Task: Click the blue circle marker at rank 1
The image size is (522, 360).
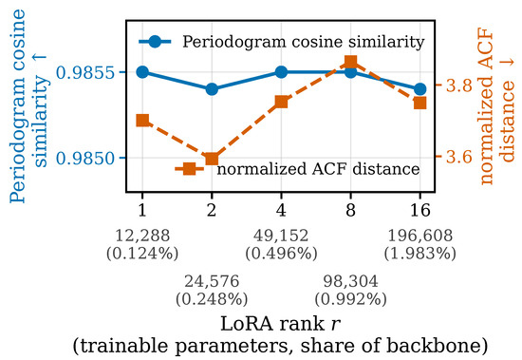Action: pyautogui.click(x=142, y=71)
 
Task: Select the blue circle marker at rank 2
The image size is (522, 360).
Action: pyautogui.click(x=212, y=89)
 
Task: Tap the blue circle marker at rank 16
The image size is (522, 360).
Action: pyautogui.click(x=419, y=89)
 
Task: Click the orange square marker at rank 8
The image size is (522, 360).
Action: pyautogui.click(x=350, y=62)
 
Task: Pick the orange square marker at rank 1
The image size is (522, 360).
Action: pyautogui.click(x=142, y=121)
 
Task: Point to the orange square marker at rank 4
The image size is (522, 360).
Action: pyautogui.click(x=281, y=102)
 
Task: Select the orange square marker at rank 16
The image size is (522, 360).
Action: pyautogui.click(x=419, y=103)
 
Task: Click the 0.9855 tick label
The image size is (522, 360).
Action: pyautogui.click(x=85, y=72)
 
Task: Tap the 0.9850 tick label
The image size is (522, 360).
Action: pyautogui.click(x=85, y=158)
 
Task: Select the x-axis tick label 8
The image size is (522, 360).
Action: pyautogui.click(x=350, y=210)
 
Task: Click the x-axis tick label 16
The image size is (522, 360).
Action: pyautogui.click(x=420, y=210)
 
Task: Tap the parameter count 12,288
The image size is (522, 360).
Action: pyautogui.click(x=142, y=236)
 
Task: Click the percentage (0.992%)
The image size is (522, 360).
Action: pyautogui.click(x=350, y=299)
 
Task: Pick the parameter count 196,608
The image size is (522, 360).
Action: pyautogui.click(x=420, y=236)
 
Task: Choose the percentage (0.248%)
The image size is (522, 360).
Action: pyautogui.click(x=212, y=299)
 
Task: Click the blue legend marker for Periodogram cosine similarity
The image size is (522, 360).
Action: pyautogui.click(x=155, y=42)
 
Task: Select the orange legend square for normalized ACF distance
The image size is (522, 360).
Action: pyautogui.click(x=190, y=169)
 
